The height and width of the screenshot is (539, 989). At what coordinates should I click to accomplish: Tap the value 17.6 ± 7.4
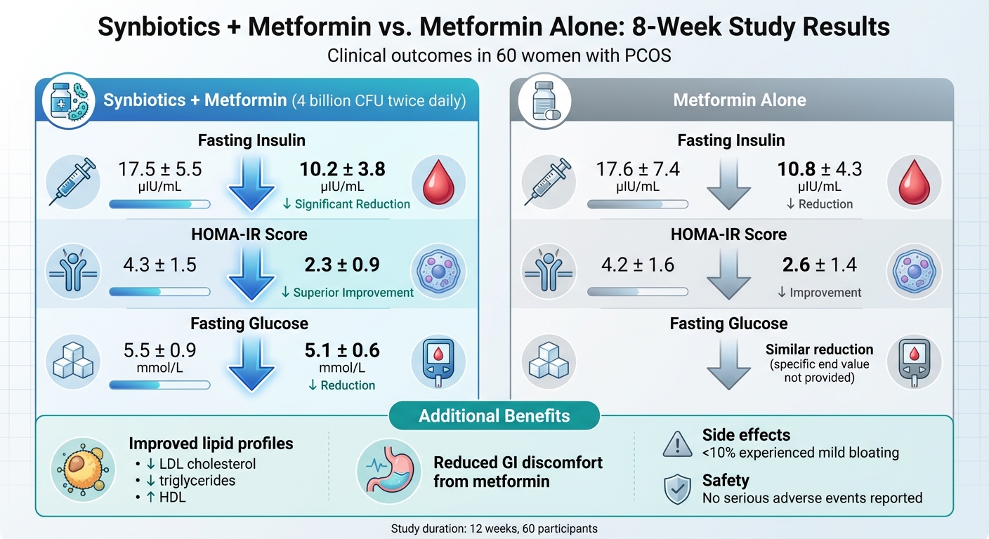(638, 170)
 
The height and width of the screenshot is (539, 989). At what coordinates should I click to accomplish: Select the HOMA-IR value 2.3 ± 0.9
(342, 265)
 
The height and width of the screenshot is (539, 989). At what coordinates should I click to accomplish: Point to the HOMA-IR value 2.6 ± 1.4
(820, 265)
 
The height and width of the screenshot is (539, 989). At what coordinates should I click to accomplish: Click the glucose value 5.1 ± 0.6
(342, 350)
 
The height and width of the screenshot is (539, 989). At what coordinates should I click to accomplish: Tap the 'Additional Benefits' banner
(494, 415)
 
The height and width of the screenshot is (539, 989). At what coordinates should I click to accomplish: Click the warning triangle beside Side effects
(677, 444)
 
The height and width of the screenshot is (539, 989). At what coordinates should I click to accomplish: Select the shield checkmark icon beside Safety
(677, 489)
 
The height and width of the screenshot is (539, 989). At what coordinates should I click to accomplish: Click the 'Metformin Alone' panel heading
(740, 100)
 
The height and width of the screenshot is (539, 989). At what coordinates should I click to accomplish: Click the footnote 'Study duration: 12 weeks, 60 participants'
(494, 528)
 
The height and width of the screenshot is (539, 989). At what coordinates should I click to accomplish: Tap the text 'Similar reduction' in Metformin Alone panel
(819, 350)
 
